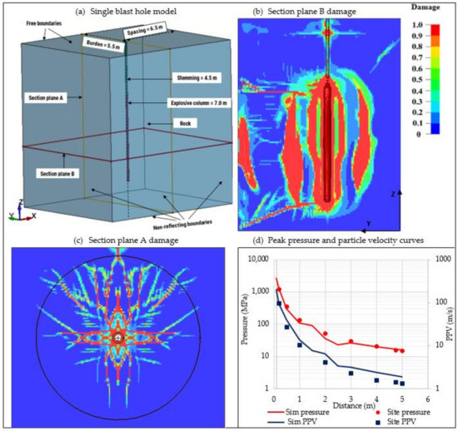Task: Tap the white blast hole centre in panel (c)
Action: point(118,337)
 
